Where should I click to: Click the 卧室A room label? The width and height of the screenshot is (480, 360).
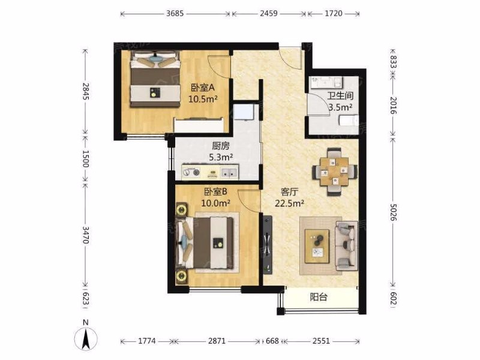click(203, 88)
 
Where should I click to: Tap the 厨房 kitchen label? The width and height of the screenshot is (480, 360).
click(220, 146)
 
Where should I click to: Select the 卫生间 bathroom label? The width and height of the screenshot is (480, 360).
click(340, 95)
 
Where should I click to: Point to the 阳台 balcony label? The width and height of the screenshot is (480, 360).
click(319, 296)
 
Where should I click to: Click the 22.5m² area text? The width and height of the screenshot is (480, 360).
click(289, 203)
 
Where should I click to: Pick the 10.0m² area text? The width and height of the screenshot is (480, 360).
click(216, 203)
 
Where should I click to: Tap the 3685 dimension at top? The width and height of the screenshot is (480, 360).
click(175, 13)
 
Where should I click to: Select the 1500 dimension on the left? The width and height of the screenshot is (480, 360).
click(85, 158)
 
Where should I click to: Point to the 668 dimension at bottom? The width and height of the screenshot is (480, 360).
click(272, 341)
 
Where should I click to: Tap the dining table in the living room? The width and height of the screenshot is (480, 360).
click(335, 172)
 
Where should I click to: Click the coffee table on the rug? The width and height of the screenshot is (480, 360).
click(317, 247)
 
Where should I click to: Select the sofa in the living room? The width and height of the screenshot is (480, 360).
click(347, 246)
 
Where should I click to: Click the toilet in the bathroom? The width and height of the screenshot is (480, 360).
click(349, 121)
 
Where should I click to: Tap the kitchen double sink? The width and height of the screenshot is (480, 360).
click(229, 173)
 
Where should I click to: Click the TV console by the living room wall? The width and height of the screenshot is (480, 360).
click(267, 245)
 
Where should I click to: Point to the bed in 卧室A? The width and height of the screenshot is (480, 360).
click(155, 79)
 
